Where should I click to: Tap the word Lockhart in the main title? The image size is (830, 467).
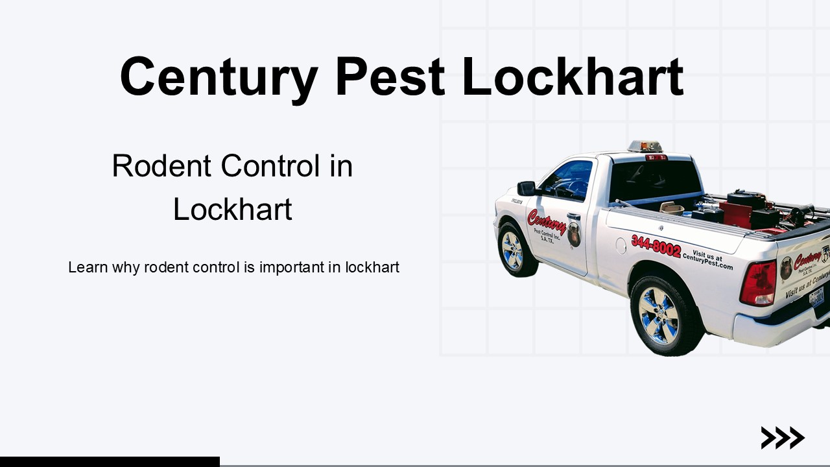point(573,77)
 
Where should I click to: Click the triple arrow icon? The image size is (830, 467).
point(783,438)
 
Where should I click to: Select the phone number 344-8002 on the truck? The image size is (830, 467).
point(656,246)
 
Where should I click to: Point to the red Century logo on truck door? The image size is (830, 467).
point(547,224)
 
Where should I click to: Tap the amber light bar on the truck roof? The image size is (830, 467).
point(644,146)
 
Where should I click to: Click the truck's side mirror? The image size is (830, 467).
point(526,188)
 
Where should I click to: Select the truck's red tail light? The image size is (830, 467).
point(758,283)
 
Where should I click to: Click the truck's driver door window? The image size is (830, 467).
point(569,180)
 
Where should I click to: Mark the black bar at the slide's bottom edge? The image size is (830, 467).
point(110,461)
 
